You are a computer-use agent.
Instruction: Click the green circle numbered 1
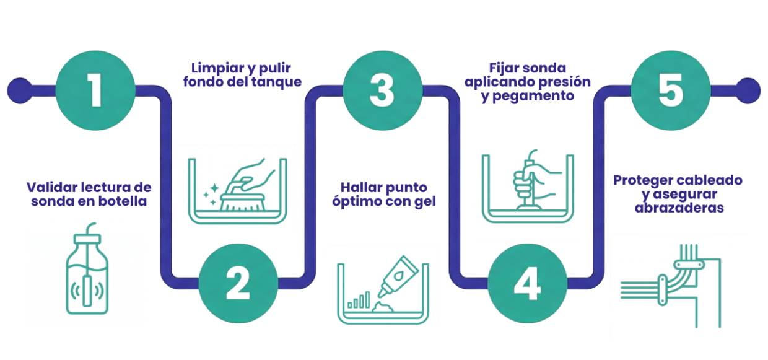pos(95,90)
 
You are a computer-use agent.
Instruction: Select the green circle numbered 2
pos(238,283)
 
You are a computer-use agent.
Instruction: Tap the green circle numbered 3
pos(383,90)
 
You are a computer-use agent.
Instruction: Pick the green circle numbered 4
pos(527,283)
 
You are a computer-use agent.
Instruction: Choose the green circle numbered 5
pos(671,90)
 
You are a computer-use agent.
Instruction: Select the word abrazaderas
pos(679,208)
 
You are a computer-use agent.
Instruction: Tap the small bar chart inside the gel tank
pos(359,300)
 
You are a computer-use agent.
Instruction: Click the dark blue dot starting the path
pos(20,90)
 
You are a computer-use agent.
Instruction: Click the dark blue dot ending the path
pos(748,90)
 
